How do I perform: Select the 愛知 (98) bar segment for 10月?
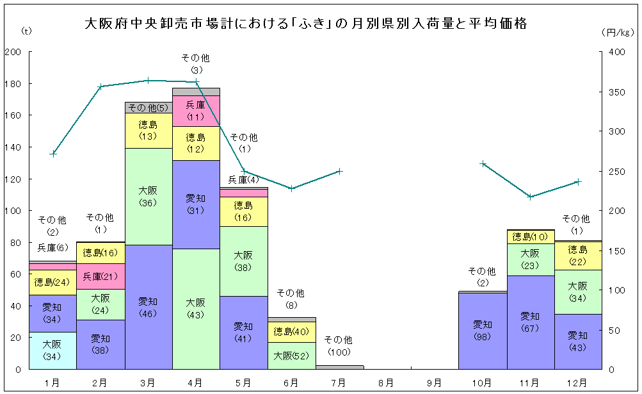pos(483,331)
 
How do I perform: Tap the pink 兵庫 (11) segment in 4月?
pos(196,111)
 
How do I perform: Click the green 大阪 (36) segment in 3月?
pos(148,195)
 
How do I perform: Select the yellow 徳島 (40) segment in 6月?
pos(291,332)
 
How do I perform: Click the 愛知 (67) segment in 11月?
pos(530,322)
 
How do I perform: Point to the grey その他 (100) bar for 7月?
pos(339,367)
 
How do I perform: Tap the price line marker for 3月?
pos(148,81)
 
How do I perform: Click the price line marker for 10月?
pos(483,164)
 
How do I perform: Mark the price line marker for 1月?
pos(53,154)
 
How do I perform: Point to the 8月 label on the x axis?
pos(387,382)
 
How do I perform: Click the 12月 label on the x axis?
pos(577,382)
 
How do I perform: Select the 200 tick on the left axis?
pos(13,52)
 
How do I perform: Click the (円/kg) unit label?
pos(618,31)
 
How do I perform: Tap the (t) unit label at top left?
pos(26,31)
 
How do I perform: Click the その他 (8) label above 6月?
pos(291,299)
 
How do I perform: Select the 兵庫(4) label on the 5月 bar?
pos(243,180)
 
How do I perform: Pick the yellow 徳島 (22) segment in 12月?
pos(578,256)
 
